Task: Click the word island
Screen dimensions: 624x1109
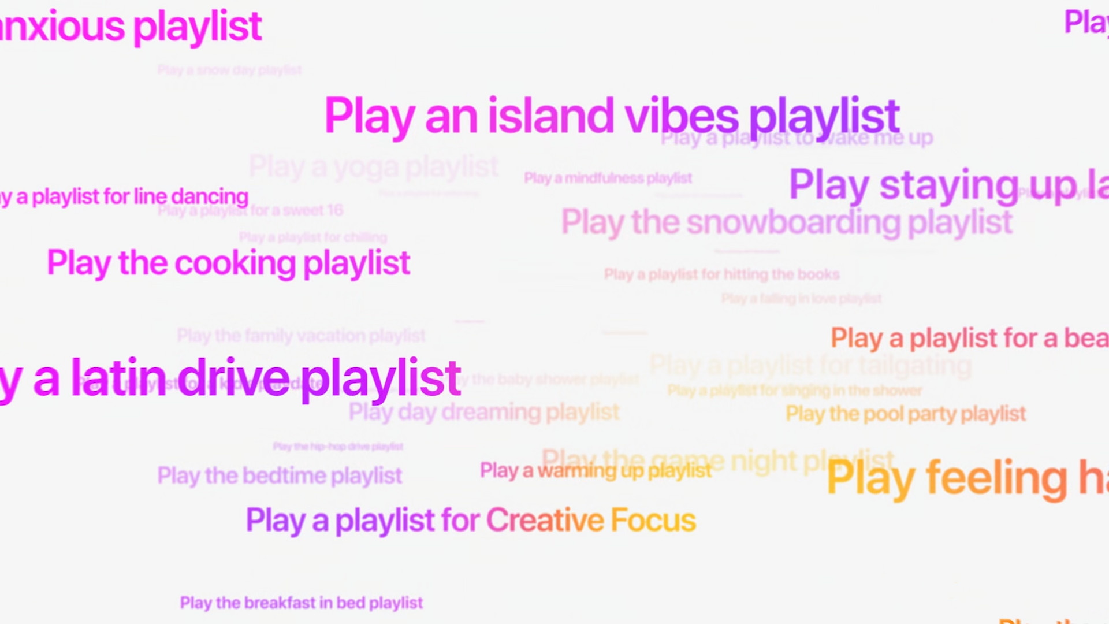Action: (550, 116)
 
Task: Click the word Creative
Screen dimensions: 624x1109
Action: (544, 520)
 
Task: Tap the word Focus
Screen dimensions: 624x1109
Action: (653, 520)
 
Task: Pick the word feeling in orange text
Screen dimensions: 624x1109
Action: (997, 479)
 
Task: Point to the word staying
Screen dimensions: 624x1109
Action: (949, 185)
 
